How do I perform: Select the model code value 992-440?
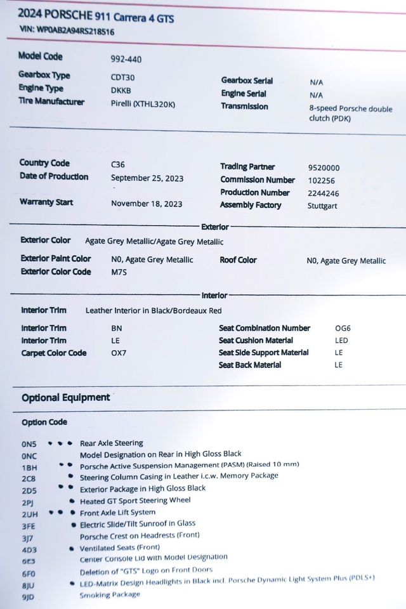(126, 60)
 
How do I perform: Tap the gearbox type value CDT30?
(123, 77)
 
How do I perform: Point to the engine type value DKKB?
(121, 90)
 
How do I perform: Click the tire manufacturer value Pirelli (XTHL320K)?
(144, 103)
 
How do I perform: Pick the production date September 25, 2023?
(147, 179)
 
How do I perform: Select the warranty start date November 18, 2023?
(146, 204)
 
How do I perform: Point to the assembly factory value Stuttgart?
(323, 206)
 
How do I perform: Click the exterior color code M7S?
(119, 272)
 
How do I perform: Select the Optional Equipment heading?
(65, 398)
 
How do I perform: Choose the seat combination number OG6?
(343, 329)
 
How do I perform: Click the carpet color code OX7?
(118, 353)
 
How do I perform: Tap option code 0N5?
(29, 445)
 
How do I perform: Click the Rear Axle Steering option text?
(111, 443)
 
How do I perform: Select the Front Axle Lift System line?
(117, 513)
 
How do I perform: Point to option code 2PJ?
(29, 502)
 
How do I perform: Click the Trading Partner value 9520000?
(324, 168)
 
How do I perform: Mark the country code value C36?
(119, 164)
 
